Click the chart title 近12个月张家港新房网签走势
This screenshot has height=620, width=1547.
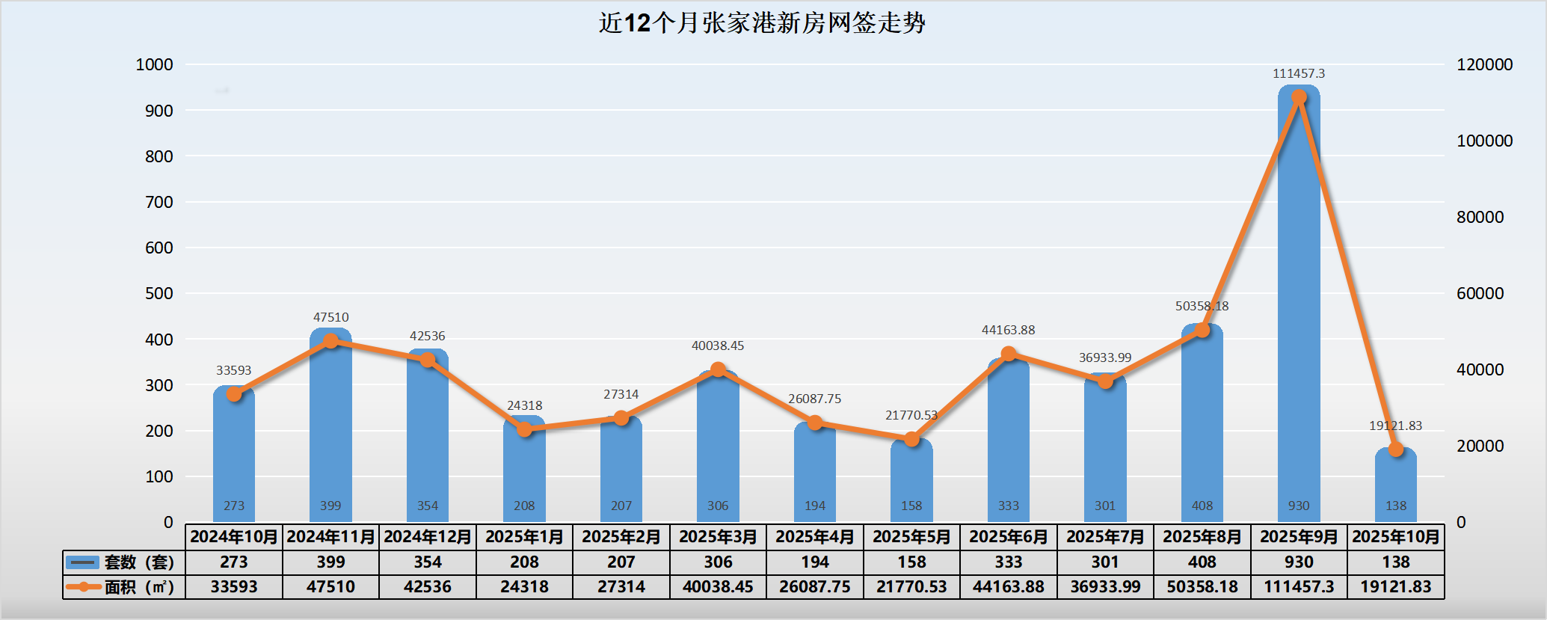coord(762,23)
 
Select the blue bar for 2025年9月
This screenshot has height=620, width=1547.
coord(1299,299)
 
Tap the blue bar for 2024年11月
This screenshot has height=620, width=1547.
coord(330,426)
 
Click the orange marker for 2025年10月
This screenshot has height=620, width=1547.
coord(1395,449)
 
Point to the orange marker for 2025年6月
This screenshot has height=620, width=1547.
coord(1009,354)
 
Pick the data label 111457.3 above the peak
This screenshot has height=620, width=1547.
coord(1299,73)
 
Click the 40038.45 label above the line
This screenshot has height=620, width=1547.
coord(718,346)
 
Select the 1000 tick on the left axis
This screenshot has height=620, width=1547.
coord(154,65)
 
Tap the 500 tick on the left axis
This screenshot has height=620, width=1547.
coord(159,293)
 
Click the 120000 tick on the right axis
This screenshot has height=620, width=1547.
coord(1484,65)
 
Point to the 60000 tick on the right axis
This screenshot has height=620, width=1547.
coord(1480,293)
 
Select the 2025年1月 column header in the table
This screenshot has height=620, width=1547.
coord(524,537)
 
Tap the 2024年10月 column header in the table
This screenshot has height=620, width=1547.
coord(234,537)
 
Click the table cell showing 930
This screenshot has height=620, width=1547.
coord(1299,562)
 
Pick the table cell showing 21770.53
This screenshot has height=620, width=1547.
coord(911,587)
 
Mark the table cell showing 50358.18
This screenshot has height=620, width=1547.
coord(1202,587)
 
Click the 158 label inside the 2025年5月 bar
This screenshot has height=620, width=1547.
coord(911,506)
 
